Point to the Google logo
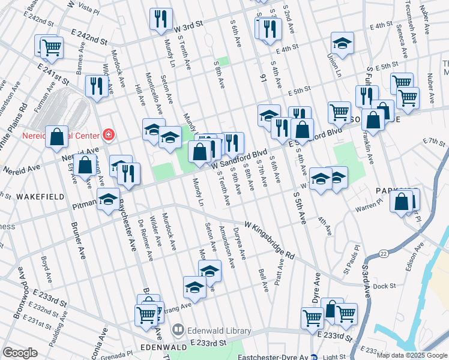pos(20,353)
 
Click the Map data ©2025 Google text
pos(412,355)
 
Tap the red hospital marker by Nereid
pos(109,134)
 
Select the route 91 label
pos(262,77)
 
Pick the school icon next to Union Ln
pos(342,43)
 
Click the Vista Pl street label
pos(88,10)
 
